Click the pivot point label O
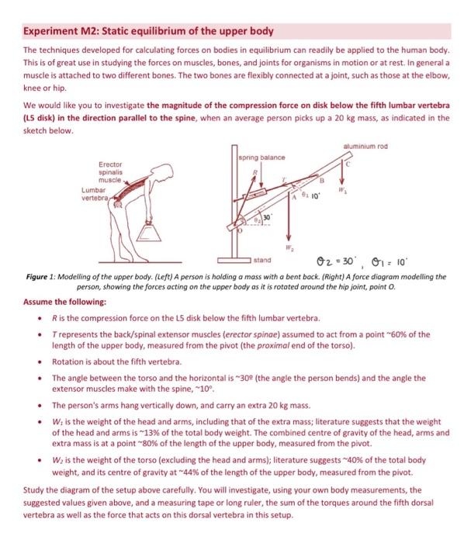(x=235, y=233)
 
